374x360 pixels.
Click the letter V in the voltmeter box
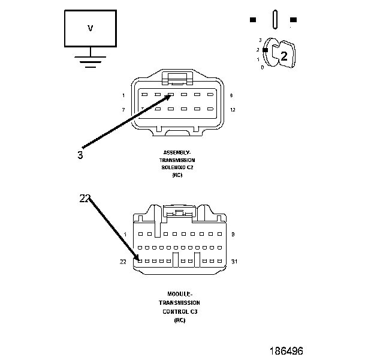pos(91,28)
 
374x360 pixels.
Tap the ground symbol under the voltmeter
pos(91,62)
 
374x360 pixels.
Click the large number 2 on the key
pos(284,57)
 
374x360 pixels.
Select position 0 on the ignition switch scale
pos(262,67)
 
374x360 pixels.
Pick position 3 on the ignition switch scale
pos(260,40)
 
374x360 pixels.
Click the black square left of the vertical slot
pos(253,19)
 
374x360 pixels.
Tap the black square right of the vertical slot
pos(292,19)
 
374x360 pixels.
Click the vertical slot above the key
pos(273,19)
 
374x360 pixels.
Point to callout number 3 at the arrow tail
pos(80,155)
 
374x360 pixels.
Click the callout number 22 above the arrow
pos(85,198)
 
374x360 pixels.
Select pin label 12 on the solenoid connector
pos(232,109)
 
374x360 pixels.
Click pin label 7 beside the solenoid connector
pos(123,109)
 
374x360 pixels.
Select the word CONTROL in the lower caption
pos(176,312)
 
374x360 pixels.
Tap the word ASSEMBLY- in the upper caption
pos(177,152)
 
